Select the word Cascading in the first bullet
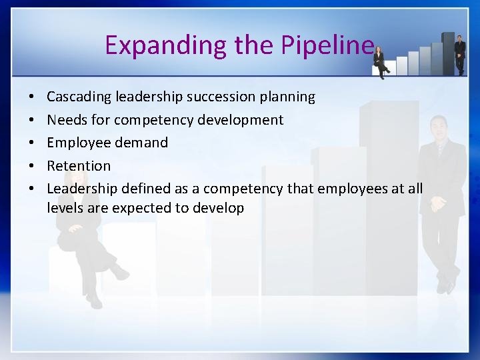[x=79, y=97]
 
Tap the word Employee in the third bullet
[x=76, y=143]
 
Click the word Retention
[x=79, y=165]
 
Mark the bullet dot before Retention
[x=33, y=166]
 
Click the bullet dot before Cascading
[x=33, y=97]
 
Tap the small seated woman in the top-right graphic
[x=381, y=61]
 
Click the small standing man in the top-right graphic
[x=459, y=53]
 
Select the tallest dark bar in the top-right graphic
[x=448, y=53]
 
